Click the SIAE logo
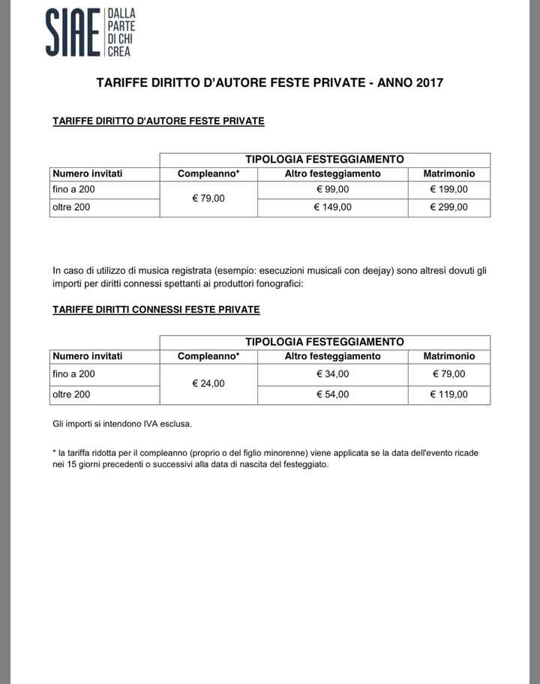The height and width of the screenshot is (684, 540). pos(88,32)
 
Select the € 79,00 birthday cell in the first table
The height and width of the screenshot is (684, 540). pos(208,199)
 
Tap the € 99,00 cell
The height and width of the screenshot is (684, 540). pos(332,190)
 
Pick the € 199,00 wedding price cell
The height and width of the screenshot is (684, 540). pos(448,190)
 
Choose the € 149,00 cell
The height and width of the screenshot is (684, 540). pos(332,207)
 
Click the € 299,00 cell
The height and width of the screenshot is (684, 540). pos(448,207)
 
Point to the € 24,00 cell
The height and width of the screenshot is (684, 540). pos(208,383)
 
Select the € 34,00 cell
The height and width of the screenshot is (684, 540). pos(332,373)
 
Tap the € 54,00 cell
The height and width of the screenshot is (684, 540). pos(332,394)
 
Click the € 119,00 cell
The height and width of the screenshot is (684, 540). pos(448,394)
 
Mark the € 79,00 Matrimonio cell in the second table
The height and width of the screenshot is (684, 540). pos(448,373)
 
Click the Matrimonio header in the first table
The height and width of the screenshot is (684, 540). pos(448,174)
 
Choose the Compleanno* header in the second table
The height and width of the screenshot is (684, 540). pos(208,356)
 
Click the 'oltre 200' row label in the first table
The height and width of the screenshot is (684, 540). pos(71,207)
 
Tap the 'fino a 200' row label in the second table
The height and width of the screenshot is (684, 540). pos(73,373)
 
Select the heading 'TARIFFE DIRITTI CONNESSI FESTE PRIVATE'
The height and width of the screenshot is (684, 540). pos(156,309)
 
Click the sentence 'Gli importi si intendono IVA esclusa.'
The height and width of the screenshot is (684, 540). pos(122,424)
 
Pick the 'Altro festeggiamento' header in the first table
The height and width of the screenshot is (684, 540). pos(332,174)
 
